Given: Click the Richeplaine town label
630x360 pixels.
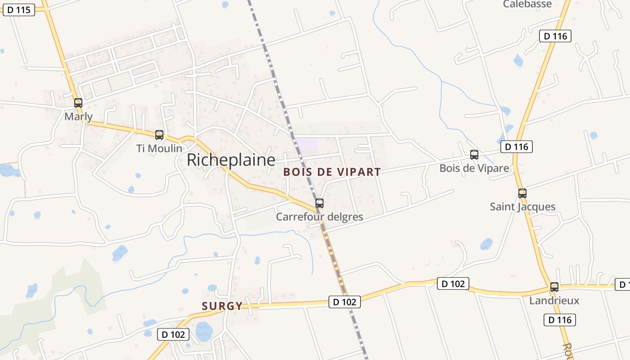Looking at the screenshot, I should click(x=231, y=160).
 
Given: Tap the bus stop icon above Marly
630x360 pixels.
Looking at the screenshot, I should click(x=78, y=103).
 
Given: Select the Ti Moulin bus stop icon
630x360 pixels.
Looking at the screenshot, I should click(x=159, y=135).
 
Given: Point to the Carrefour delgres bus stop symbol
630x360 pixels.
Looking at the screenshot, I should click(x=319, y=203).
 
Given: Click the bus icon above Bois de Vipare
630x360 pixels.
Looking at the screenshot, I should click(x=474, y=155).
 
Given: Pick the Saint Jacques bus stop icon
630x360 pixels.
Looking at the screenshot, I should click(x=522, y=193).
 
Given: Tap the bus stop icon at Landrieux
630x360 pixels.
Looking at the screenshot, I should click(x=554, y=287).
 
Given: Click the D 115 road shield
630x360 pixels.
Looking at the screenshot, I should click(x=19, y=9).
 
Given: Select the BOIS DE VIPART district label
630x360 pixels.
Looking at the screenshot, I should click(x=332, y=172).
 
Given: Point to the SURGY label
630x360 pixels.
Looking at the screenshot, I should click(x=222, y=306).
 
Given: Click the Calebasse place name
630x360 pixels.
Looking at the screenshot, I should click(x=527, y=4).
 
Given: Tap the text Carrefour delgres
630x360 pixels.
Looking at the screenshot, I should click(x=319, y=217).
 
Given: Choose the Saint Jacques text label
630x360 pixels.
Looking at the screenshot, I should click(x=522, y=207).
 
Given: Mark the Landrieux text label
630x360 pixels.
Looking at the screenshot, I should click(x=554, y=301).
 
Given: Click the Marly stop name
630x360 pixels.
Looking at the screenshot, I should click(x=79, y=117).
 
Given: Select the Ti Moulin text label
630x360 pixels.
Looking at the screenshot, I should click(x=160, y=148).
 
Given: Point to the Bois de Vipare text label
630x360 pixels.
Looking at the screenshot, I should click(x=474, y=168).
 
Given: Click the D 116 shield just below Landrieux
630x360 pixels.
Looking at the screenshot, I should click(x=560, y=320).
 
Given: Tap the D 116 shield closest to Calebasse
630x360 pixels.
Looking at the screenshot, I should click(x=555, y=36).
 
